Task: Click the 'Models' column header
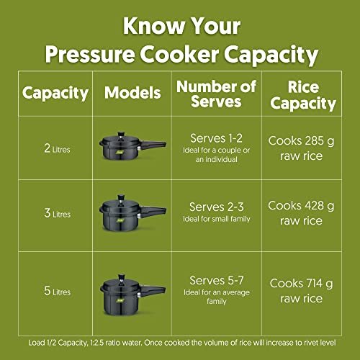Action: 132,93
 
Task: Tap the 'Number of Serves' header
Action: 216,94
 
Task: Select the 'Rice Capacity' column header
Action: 303,95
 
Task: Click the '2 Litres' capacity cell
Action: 57,148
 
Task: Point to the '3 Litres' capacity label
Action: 57,213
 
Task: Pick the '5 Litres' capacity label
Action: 57,291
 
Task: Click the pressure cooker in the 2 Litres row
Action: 132,145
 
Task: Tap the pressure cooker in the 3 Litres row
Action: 132,213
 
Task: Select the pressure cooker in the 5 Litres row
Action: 132,295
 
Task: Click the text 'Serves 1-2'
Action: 216,138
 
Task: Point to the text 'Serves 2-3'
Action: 216,207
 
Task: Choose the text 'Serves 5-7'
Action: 217,280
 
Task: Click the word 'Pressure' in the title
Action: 90,54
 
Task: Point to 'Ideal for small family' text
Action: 217,219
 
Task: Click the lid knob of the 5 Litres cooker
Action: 122,278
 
